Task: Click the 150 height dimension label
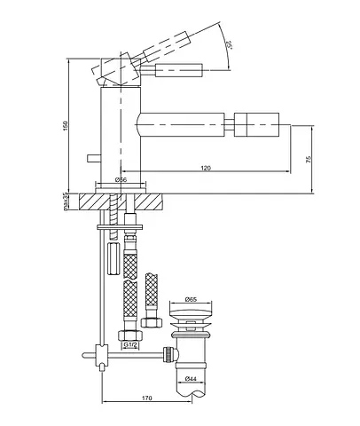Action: point(66,125)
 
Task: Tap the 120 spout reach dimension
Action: point(206,168)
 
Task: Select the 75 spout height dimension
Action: point(309,160)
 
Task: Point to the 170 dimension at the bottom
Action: point(147,398)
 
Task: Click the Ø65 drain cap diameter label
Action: point(191,299)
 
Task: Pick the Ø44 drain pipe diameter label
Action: point(191,378)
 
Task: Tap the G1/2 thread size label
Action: point(130,344)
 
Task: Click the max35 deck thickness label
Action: point(66,201)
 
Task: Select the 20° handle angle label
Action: point(228,45)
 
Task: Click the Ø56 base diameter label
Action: point(121,179)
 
